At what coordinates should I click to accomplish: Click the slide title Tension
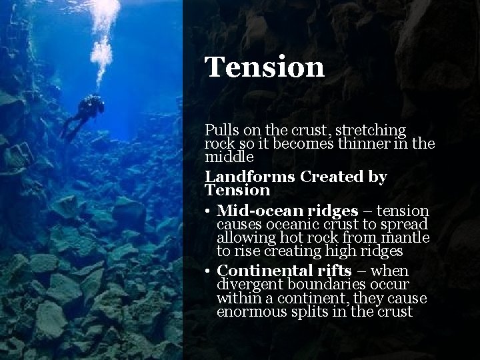(265, 67)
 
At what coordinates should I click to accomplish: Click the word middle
(229, 157)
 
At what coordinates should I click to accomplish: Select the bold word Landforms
(250, 177)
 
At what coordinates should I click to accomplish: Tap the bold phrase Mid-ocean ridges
(286, 211)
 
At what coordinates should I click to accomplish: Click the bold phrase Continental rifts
(283, 271)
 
